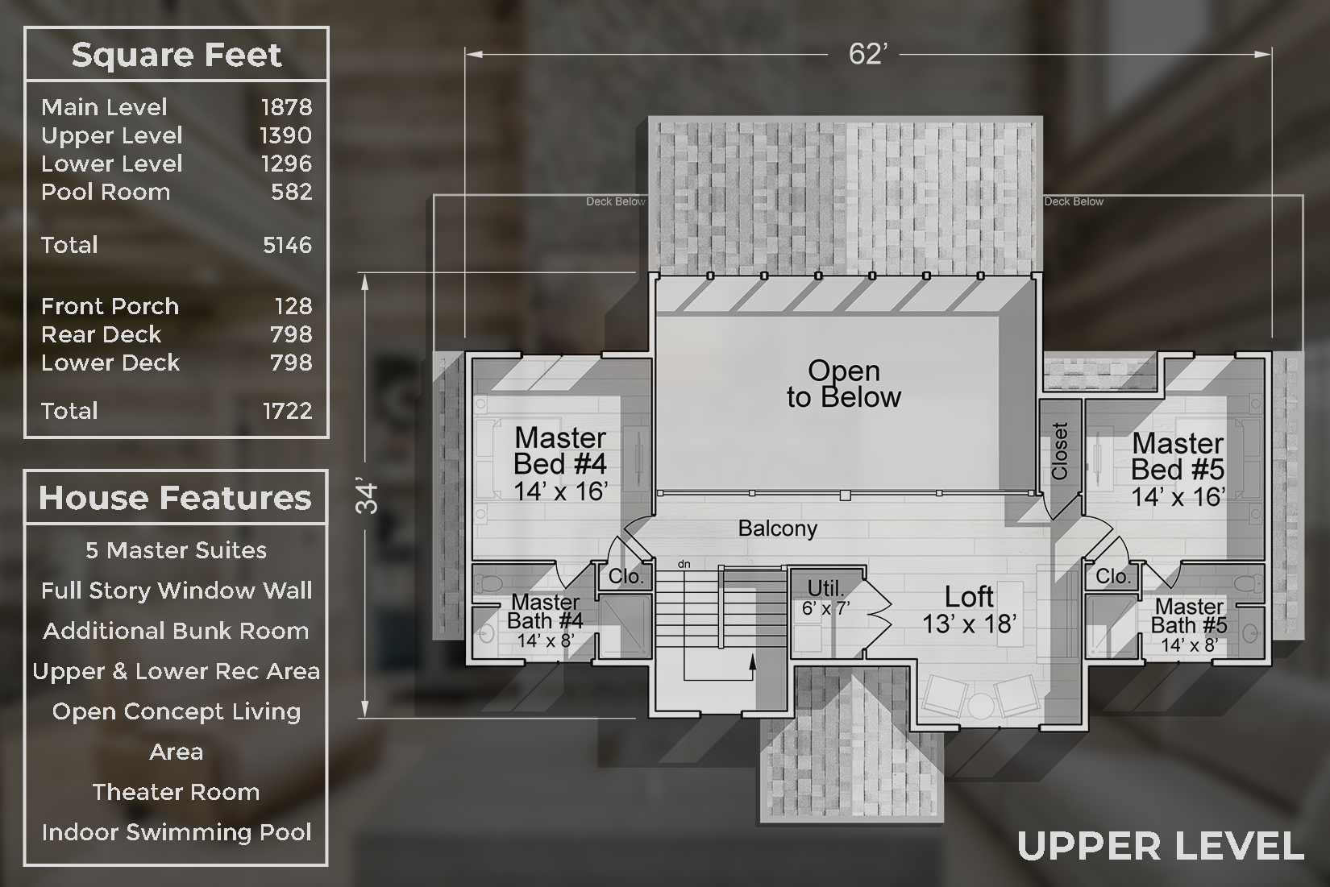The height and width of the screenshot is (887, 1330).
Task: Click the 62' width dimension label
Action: (867, 54)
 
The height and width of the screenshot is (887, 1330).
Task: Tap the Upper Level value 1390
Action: (285, 136)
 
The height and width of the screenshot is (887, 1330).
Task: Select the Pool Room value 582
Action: (292, 193)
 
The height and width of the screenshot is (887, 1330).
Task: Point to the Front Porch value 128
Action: (293, 306)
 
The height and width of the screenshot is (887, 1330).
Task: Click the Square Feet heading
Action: (177, 55)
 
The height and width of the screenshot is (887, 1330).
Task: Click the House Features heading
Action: (175, 497)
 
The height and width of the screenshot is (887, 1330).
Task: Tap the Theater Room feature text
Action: (177, 792)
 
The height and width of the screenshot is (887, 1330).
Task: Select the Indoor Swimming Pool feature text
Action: (177, 832)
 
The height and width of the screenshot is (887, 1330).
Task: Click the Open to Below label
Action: (844, 383)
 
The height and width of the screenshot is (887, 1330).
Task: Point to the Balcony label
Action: (778, 528)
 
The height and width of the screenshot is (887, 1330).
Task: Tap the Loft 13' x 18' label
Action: (969, 610)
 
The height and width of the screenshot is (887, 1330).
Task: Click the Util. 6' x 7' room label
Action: (826, 598)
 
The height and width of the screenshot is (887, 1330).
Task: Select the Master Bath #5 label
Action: (1189, 625)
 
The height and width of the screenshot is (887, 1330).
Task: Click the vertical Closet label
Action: (1060, 451)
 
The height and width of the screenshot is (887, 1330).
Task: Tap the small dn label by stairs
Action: (684, 564)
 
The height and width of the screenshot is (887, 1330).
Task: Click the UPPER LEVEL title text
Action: (1161, 846)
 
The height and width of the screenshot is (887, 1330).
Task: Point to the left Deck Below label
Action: (616, 201)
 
